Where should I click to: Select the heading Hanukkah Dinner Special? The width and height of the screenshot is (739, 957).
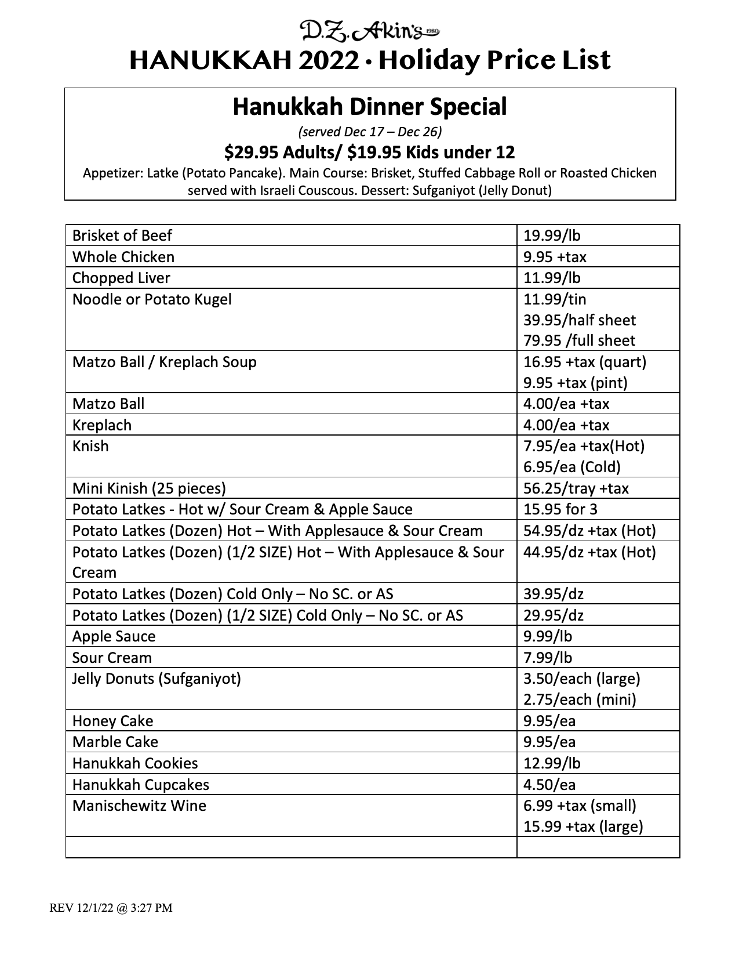pyautogui.click(x=370, y=107)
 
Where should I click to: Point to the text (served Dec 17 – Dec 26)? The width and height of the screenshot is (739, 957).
pyautogui.click(x=370, y=132)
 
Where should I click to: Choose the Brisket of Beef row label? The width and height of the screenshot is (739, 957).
pyautogui.click(x=122, y=235)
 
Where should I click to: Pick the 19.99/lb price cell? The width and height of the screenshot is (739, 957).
pyautogui.click(x=552, y=235)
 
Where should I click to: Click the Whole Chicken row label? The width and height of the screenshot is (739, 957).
pyautogui.click(x=123, y=257)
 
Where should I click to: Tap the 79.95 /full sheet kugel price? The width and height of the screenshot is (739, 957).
pyautogui.click(x=579, y=340)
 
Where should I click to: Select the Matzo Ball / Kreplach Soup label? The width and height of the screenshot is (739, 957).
pyautogui.click(x=164, y=362)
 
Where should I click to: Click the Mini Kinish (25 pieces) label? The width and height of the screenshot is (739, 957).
pyautogui.click(x=149, y=488)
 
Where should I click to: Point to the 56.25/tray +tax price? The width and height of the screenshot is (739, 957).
pyautogui.click(x=576, y=488)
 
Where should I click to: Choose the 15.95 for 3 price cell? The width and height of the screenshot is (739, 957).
pyautogui.click(x=560, y=509)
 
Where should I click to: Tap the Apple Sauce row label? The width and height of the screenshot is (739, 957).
pyautogui.click(x=114, y=636)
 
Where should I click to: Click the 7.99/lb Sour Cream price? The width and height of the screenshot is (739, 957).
pyautogui.click(x=548, y=658)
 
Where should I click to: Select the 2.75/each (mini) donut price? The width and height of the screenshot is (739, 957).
pyautogui.click(x=580, y=699)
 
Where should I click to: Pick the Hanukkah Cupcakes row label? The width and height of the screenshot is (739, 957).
pyautogui.click(x=141, y=785)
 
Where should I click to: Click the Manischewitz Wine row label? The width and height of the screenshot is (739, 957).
pyautogui.click(x=139, y=806)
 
